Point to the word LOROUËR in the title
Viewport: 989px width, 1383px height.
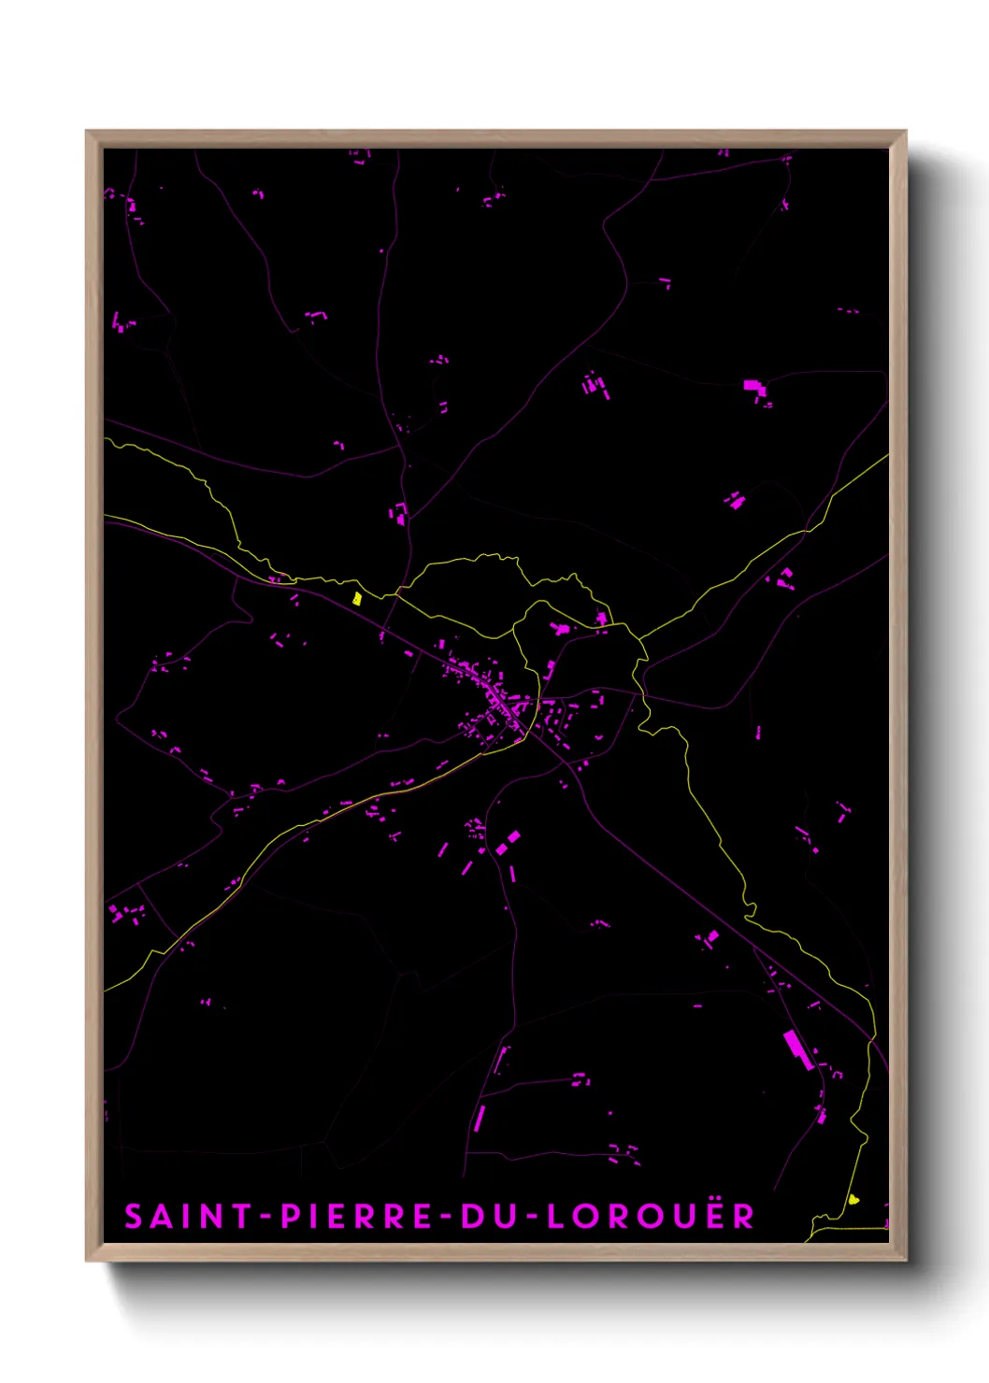[x=651, y=1217]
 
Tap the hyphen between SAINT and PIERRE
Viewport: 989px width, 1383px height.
[x=265, y=1217]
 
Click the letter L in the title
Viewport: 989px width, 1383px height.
[x=555, y=1217]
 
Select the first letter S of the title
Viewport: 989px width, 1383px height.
[x=135, y=1217]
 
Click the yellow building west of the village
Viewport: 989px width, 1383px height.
[x=357, y=598]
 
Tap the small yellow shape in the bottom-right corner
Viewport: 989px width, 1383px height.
[x=853, y=1199]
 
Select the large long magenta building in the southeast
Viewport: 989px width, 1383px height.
[x=796, y=1048]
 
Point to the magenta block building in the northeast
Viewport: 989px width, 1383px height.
[x=753, y=387]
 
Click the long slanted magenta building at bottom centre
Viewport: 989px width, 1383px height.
[x=480, y=1118]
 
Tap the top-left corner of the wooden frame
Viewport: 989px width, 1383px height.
[x=87, y=132]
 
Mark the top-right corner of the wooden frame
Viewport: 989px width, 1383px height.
[x=906, y=132]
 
